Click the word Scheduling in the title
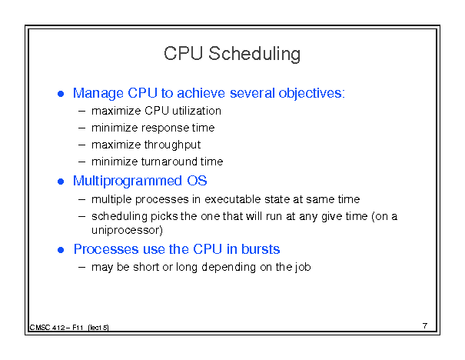254,54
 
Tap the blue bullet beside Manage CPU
61,94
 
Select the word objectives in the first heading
311,94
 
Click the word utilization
197,111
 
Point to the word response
165,128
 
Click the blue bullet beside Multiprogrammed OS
61,182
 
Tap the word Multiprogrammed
128,181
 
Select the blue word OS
197,181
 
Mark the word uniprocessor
126,230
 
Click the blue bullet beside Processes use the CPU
61,250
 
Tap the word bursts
261,249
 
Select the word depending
228,267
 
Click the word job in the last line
303,267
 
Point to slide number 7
425,326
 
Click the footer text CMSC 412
47,328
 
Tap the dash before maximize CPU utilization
81,112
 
